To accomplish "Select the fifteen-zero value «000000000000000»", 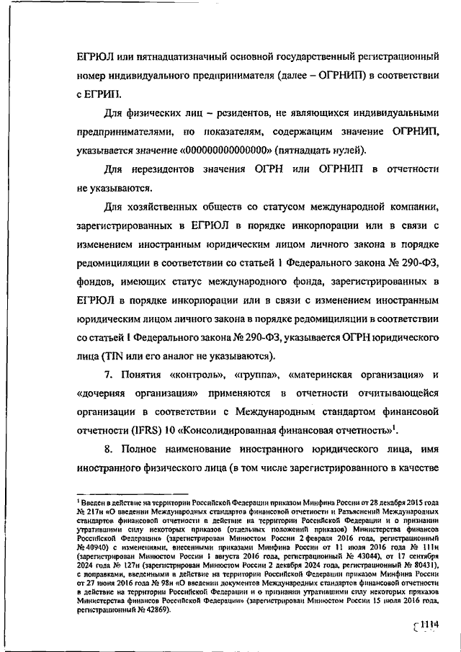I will point(230,150).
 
